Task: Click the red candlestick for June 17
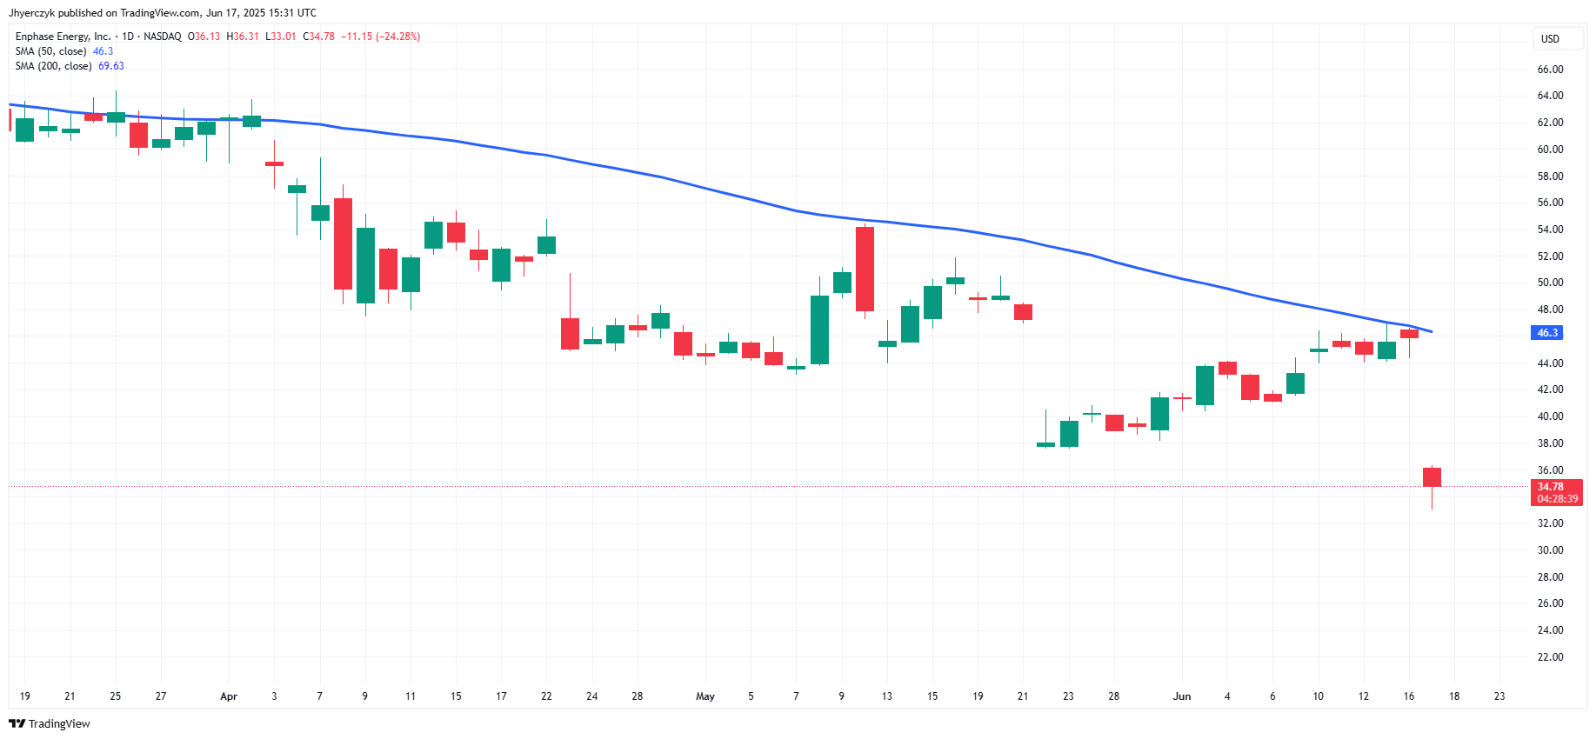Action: click(x=1432, y=477)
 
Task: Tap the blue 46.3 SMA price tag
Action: click(x=1546, y=333)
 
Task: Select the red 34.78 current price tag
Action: click(x=1555, y=492)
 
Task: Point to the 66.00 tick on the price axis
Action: click(x=1550, y=70)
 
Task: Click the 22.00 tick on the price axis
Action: click(x=1550, y=657)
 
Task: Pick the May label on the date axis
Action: click(x=705, y=696)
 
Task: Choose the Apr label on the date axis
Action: click(x=229, y=696)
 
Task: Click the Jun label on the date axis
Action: click(x=1181, y=696)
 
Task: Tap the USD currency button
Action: click(x=1550, y=39)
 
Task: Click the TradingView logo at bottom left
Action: click(x=50, y=723)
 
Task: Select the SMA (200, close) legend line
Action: click(x=70, y=66)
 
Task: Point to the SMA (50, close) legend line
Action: click(x=64, y=51)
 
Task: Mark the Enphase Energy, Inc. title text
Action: click(x=63, y=37)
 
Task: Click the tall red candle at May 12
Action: click(x=865, y=269)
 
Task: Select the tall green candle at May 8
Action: click(x=819, y=330)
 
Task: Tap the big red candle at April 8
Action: click(x=343, y=243)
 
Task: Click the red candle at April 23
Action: click(x=570, y=334)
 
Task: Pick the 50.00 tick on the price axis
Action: click(x=1550, y=283)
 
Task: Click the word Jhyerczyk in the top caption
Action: click(x=31, y=13)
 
